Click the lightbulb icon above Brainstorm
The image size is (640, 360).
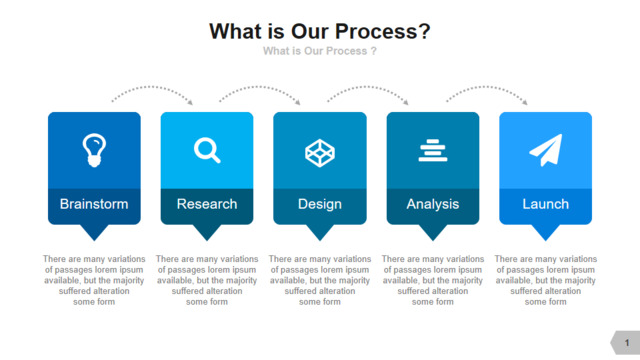94,150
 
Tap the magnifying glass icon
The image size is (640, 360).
207,150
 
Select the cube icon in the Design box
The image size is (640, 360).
320,153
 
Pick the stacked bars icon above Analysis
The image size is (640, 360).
433,150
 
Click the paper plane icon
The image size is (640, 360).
546,150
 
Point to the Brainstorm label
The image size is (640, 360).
94,204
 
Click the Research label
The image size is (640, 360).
207,204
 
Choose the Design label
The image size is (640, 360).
320,204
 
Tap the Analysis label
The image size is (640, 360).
433,204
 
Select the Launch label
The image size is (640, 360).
546,204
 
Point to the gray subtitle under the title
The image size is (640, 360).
320,51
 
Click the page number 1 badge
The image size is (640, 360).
625,342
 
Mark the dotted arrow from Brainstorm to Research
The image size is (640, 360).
152,87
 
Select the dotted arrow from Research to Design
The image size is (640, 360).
260,87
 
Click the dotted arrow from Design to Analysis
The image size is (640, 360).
367,87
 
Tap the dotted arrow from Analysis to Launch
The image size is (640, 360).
487,87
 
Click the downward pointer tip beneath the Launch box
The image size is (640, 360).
546,241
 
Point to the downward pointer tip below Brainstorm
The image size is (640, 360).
94,241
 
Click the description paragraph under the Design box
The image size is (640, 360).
320,280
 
